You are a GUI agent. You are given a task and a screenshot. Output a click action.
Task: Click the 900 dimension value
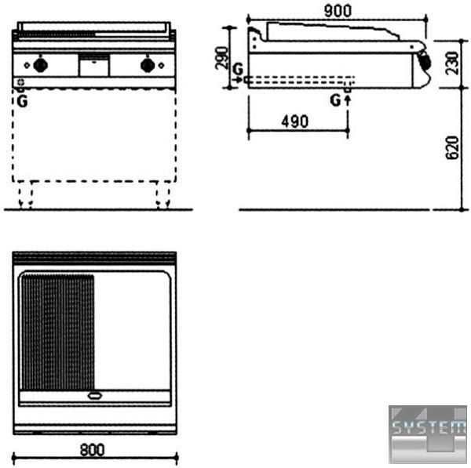coord(338,11)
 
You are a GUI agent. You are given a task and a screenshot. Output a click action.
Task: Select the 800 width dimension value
coord(92,450)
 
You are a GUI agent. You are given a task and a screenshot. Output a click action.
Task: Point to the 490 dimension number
coord(294,122)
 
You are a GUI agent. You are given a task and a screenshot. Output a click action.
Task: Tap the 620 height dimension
coord(452,147)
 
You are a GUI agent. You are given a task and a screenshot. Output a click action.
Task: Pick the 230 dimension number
coord(452,63)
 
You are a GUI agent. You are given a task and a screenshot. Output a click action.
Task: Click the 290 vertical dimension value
coord(222,57)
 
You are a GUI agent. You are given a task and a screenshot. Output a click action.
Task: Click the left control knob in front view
coord(41,64)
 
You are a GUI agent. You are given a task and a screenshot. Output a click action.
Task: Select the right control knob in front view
coord(148,65)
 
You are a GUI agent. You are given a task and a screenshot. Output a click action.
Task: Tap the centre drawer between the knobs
coord(93,65)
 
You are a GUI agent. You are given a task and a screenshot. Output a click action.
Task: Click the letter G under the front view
coord(23,101)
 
